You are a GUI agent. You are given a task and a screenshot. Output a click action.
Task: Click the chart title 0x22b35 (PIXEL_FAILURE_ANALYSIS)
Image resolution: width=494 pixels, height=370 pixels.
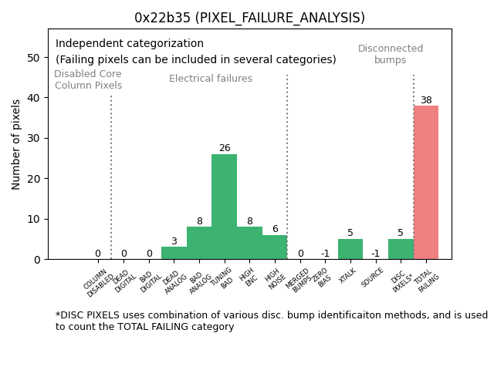click(x=249, y=18)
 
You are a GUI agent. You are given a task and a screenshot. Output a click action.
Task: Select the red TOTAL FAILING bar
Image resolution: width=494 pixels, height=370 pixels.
click(x=426, y=183)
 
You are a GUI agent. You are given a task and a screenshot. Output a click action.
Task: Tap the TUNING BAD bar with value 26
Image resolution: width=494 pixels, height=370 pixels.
click(x=224, y=207)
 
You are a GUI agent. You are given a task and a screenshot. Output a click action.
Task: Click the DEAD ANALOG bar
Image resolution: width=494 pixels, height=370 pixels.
click(x=174, y=253)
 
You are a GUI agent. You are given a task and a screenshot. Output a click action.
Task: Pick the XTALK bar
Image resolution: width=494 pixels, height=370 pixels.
click(x=350, y=249)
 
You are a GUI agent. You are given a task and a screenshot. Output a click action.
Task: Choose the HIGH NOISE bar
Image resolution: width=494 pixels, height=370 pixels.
click(x=275, y=247)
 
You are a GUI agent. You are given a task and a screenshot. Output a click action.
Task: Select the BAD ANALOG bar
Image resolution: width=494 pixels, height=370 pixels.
click(x=199, y=243)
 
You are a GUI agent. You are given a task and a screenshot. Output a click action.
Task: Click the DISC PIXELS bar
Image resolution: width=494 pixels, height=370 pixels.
click(x=401, y=249)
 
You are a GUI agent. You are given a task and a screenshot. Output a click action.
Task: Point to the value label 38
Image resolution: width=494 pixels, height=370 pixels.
click(x=426, y=100)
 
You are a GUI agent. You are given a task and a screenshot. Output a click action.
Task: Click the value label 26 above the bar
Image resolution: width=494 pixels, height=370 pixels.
click(x=224, y=148)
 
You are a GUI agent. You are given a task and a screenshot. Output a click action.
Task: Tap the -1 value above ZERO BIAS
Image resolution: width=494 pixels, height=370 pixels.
click(x=325, y=254)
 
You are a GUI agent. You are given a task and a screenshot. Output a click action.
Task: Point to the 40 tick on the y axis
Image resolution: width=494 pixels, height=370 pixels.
click(x=36, y=98)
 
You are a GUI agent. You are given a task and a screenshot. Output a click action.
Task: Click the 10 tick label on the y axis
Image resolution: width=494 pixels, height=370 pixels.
click(x=36, y=219)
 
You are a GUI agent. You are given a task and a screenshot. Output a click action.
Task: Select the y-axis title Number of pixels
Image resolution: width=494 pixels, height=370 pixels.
click(x=17, y=144)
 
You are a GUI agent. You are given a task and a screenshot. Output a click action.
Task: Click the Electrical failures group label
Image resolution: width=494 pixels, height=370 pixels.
click(x=211, y=79)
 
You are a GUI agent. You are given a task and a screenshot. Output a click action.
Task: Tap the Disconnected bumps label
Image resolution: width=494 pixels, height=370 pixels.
click(x=391, y=54)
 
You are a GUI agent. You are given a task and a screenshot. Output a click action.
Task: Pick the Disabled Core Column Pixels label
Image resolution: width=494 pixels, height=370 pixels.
click(x=88, y=79)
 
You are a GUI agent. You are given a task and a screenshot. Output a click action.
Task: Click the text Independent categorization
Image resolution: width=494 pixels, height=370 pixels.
click(x=130, y=44)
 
